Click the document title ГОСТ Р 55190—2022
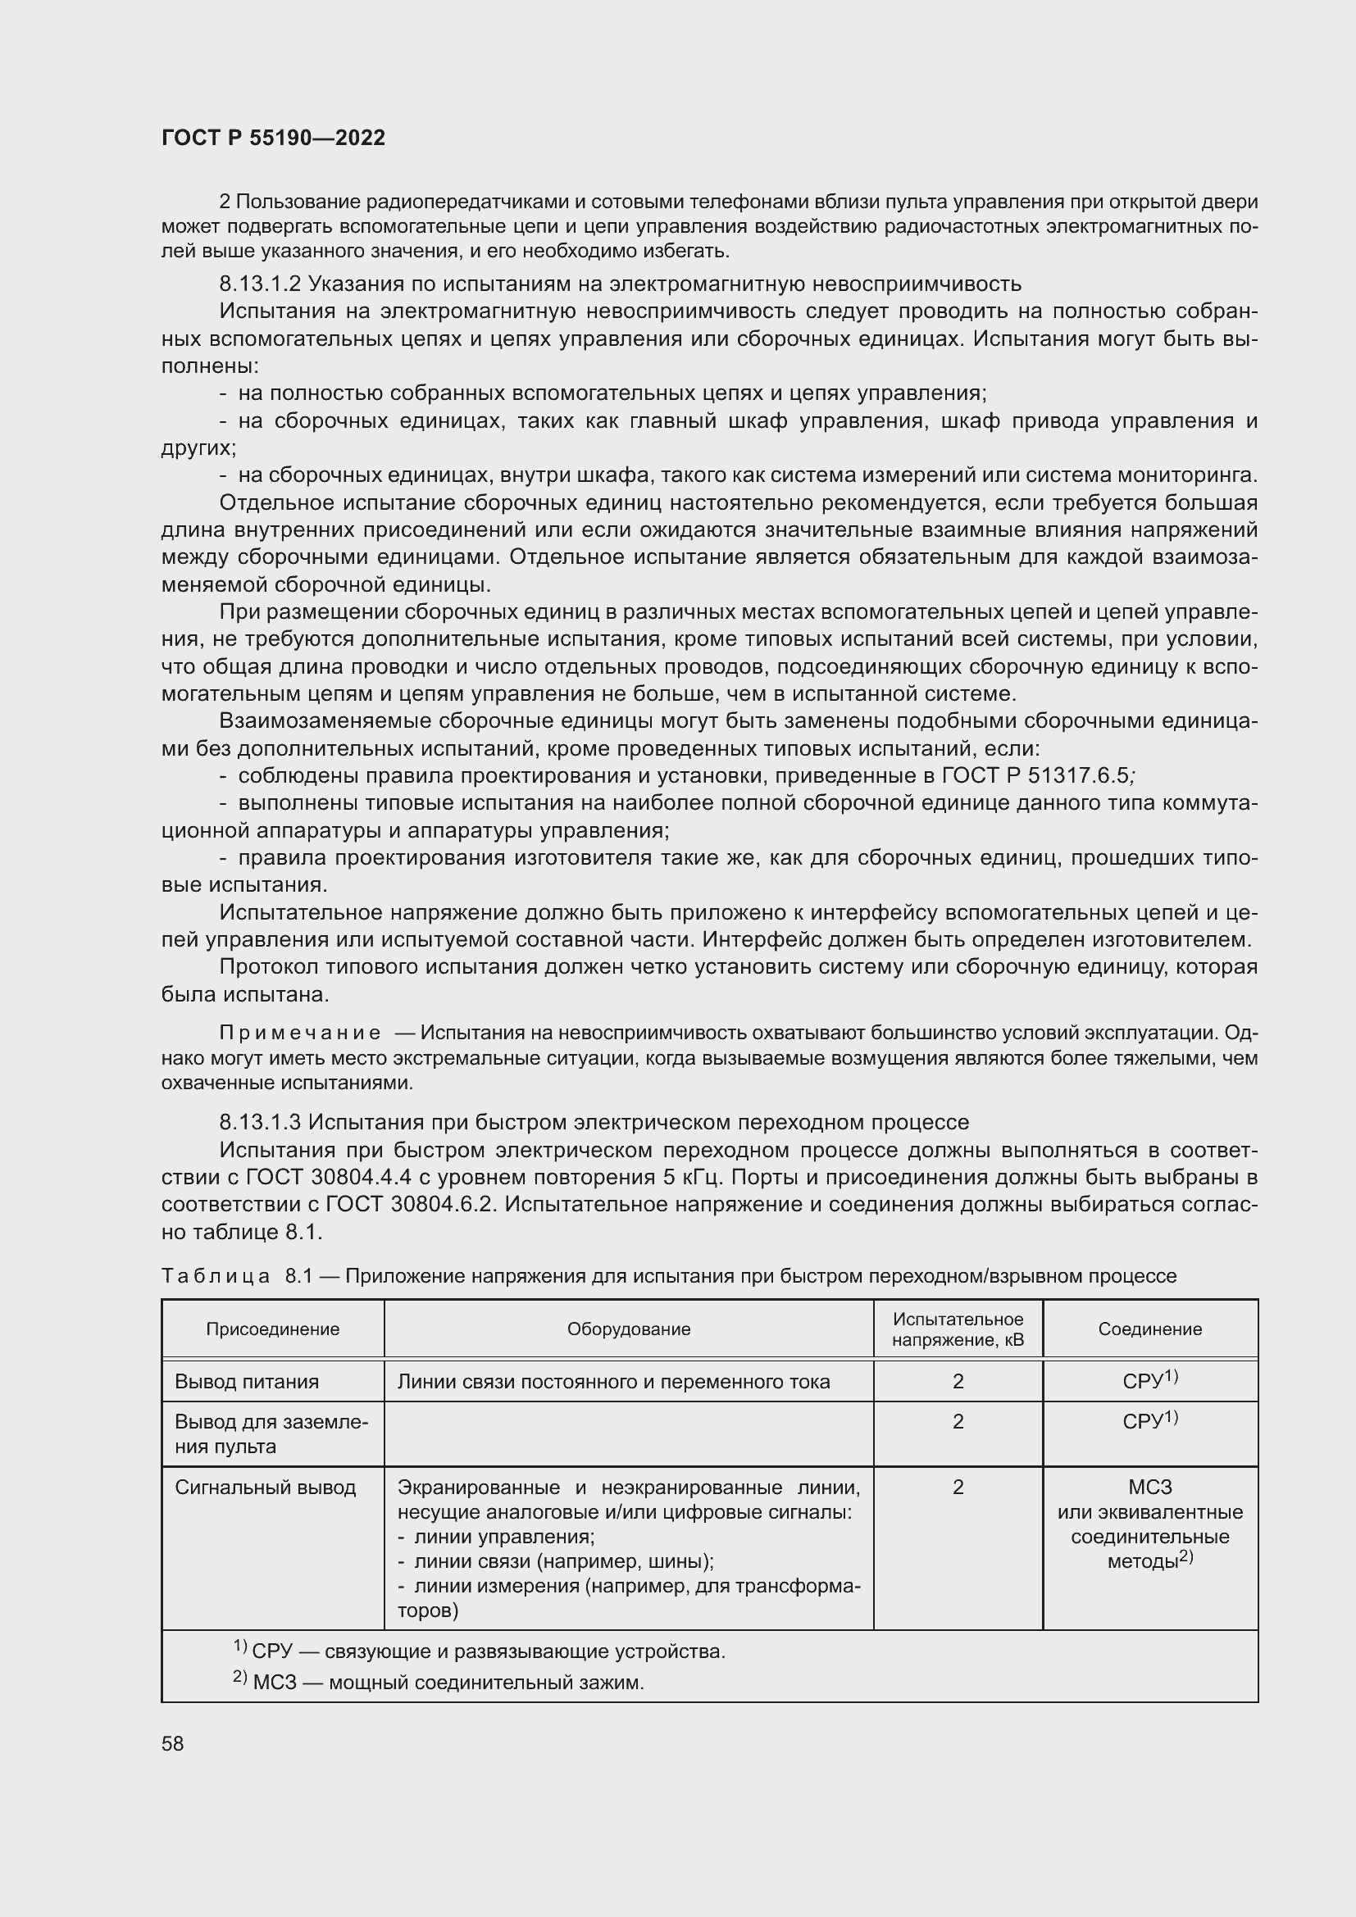273,138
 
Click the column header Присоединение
272,1329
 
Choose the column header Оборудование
628,1329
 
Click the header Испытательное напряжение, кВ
957,1329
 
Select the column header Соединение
1149,1329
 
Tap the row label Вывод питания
246,1381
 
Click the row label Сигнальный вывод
265,1487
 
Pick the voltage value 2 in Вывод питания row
958,1381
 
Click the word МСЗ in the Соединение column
1149,1487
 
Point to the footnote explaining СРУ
480,1651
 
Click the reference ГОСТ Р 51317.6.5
1035,775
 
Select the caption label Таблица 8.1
240,1276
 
